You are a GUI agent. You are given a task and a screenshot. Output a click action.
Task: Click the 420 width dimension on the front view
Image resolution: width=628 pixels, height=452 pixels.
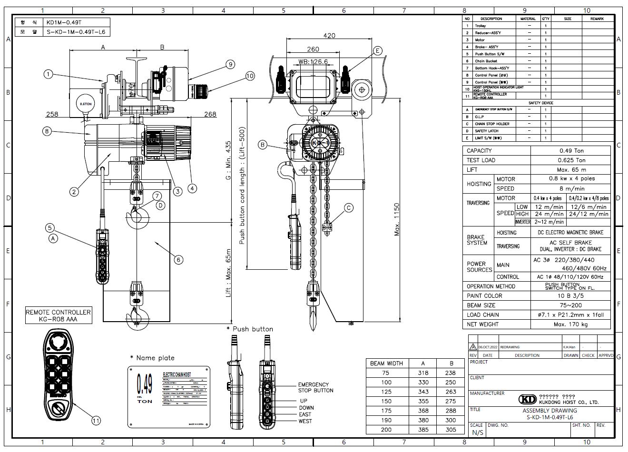click(x=329, y=35)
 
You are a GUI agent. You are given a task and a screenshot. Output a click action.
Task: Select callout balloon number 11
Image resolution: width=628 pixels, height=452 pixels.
click(x=97, y=420)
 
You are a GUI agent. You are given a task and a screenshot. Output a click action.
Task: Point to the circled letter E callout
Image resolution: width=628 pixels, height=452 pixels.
click(x=377, y=50)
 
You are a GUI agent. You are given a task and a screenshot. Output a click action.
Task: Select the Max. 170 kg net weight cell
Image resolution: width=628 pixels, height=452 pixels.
click(x=571, y=324)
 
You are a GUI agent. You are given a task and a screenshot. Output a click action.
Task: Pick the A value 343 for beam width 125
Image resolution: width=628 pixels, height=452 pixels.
click(x=422, y=392)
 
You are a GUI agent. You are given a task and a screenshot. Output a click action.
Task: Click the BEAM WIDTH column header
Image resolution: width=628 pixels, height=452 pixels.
click(x=386, y=363)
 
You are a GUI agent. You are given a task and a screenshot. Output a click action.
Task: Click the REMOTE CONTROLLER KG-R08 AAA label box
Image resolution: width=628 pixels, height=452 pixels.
click(x=59, y=316)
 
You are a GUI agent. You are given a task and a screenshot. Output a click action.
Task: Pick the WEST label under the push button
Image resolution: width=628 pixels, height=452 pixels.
click(x=305, y=421)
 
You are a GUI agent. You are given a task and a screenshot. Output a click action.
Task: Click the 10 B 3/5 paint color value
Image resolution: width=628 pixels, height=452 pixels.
click(x=571, y=296)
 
